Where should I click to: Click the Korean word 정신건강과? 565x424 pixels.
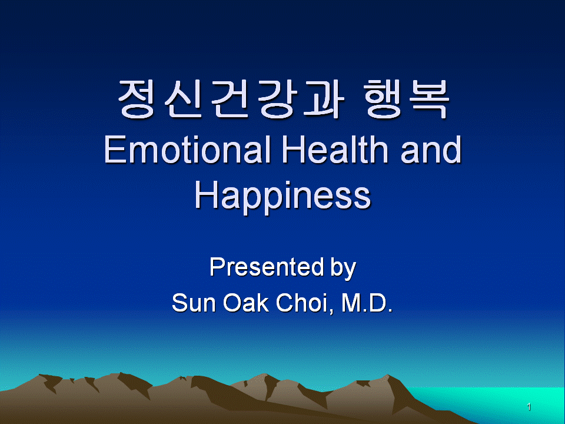pyautogui.click(x=231, y=99)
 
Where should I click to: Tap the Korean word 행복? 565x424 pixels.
pyautogui.click(x=406, y=99)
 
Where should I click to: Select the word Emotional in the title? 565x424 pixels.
pyautogui.click(x=187, y=149)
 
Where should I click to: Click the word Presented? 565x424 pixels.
pyautogui.click(x=267, y=267)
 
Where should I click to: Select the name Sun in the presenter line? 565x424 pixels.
pyautogui.click(x=194, y=303)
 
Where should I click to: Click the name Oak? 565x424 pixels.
pyautogui.click(x=246, y=302)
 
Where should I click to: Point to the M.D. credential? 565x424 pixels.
pyautogui.click(x=367, y=303)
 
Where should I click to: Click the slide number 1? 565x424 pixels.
pyautogui.click(x=529, y=407)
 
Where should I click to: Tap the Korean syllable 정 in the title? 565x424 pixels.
pyautogui.click(x=136, y=99)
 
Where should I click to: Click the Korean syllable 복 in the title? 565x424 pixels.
pyautogui.click(x=429, y=99)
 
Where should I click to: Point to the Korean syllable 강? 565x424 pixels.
pyautogui.click(x=277, y=99)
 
